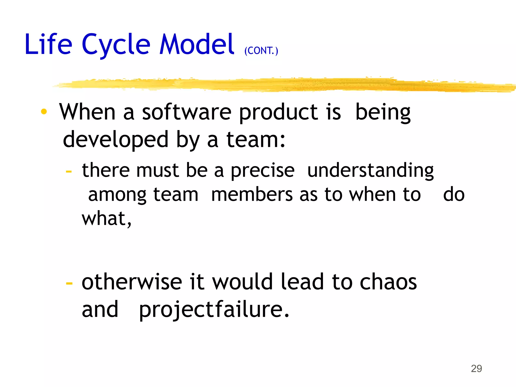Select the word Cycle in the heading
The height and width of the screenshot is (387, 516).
click(x=116, y=45)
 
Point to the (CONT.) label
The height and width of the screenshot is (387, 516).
click(x=261, y=51)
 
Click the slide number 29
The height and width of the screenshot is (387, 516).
click(x=476, y=368)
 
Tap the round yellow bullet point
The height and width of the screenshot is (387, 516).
click(x=44, y=111)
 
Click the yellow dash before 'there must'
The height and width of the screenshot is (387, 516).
click(x=69, y=172)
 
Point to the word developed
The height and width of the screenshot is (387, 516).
click(x=115, y=140)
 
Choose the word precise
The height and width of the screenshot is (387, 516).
click(x=263, y=171)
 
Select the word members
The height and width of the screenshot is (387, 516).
click(x=252, y=195)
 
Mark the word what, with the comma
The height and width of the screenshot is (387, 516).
click(x=107, y=218)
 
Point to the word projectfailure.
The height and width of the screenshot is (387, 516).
click(x=214, y=310)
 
